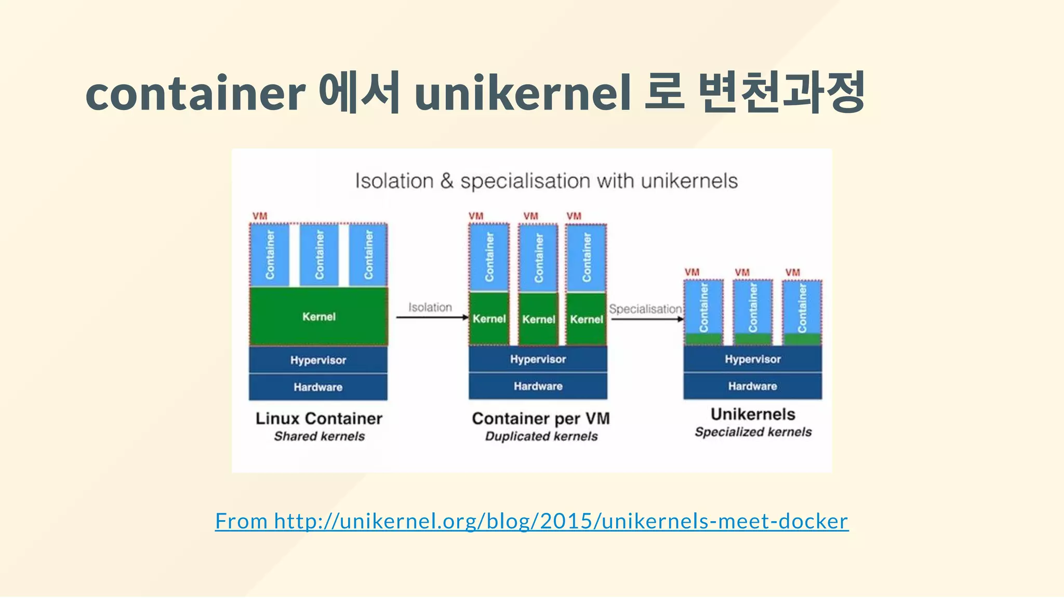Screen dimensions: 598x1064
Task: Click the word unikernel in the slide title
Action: [x=522, y=93]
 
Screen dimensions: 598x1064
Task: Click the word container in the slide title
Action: [x=195, y=93]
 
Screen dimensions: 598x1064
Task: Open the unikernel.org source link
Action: [x=531, y=521]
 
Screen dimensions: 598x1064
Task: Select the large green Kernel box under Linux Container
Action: [x=318, y=317]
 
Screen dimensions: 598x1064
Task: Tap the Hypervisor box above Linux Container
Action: [x=318, y=360]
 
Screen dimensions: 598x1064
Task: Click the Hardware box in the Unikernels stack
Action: [x=752, y=386]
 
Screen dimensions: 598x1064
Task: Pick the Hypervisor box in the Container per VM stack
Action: [x=538, y=359]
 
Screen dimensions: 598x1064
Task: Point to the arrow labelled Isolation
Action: [x=431, y=317]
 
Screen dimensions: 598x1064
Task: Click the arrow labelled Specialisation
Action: [x=647, y=319]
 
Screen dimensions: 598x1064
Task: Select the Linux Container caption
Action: [x=318, y=418]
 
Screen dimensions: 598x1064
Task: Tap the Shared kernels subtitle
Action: [x=319, y=437]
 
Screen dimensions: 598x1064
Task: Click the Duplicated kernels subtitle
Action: [x=541, y=437]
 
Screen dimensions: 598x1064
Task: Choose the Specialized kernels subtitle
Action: [x=753, y=432]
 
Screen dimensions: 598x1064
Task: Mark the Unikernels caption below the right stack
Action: [x=753, y=414]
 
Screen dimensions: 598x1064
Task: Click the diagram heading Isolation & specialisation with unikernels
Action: [x=546, y=181]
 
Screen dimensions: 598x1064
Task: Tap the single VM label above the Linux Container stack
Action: [x=260, y=216]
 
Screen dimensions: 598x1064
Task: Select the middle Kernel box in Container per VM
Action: [x=538, y=319]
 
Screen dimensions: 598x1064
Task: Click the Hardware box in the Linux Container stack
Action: [x=318, y=387]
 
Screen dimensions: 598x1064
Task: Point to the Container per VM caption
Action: [x=540, y=418]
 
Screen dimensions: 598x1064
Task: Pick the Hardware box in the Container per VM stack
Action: [x=538, y=386]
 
